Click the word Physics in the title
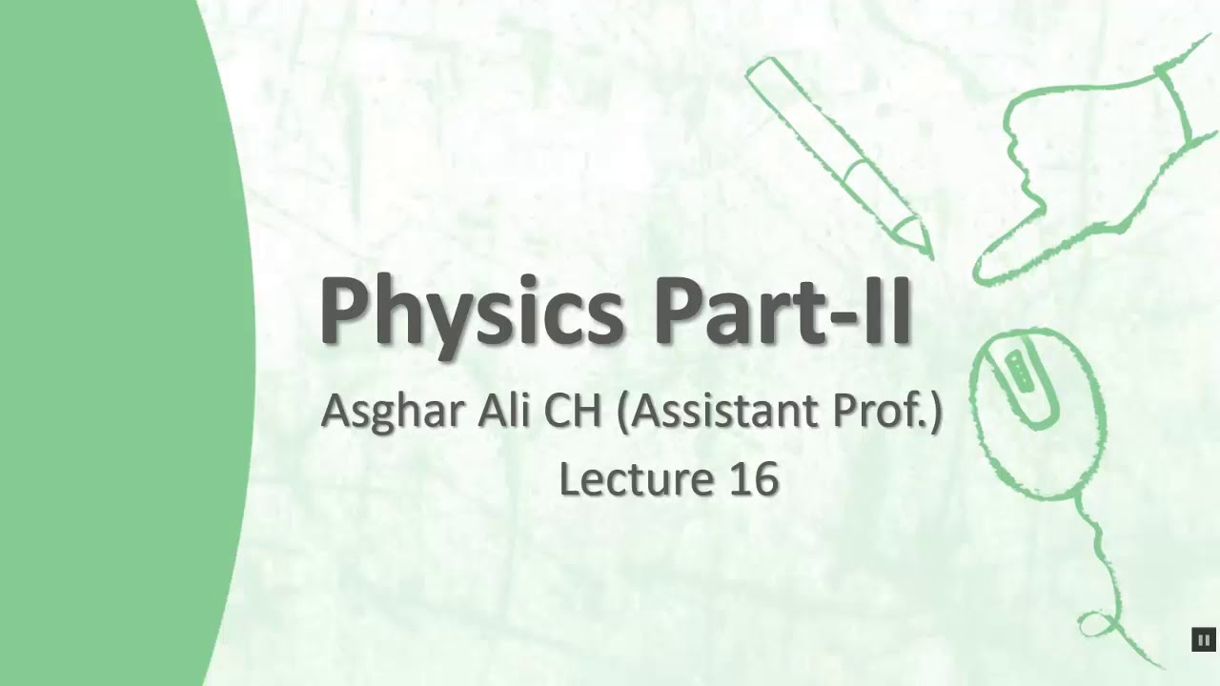coord(471,312)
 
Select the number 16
coord(755,479)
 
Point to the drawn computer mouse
coord(1037,410)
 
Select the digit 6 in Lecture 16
coord(766,479)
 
